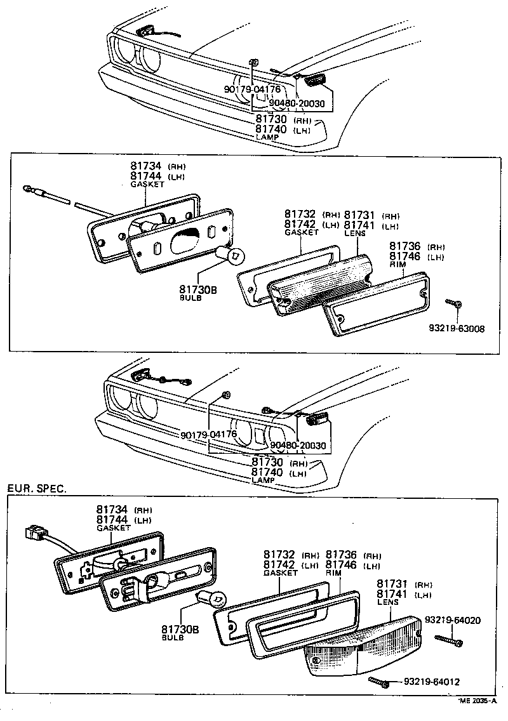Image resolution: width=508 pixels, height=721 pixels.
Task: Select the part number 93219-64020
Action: [452, 619]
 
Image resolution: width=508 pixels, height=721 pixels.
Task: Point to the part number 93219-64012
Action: [432, 682]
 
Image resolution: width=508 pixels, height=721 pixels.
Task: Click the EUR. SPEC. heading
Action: [36, 489]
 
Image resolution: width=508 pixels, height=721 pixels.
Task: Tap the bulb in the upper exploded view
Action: [232, 255]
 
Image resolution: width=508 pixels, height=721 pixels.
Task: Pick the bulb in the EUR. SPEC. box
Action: [211, 598]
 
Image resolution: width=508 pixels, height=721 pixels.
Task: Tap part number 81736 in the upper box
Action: [404, 246]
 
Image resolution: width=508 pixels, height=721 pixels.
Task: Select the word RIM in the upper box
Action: [397, 264]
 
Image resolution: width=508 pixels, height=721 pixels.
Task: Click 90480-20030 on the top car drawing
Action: [297, 103]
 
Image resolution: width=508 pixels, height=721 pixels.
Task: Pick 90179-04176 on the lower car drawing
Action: [208, 435]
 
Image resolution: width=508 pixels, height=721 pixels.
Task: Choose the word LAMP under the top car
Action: [267, 137]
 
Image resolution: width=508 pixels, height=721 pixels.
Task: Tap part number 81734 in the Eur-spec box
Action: [112, 509]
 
